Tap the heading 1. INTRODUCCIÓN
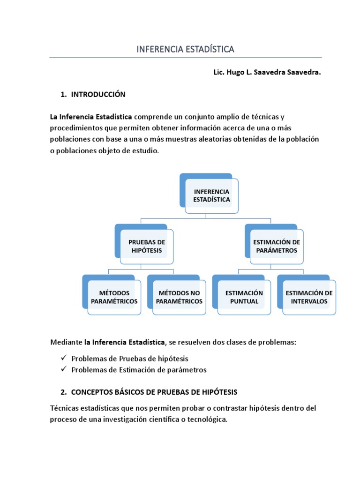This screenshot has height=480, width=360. (x=93, y=94)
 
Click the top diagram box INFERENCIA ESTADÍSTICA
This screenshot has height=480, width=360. (x=211, y=195)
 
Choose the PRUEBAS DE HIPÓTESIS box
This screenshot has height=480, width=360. (x=147, y=246)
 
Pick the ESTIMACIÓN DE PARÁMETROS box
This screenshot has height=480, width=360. (x=277, y=246)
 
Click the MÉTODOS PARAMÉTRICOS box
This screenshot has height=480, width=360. (x=114, y=297)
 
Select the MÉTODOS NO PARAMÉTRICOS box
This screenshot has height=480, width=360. (x=179, y=297)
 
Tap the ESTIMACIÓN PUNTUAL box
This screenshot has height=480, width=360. (x=244, y=297)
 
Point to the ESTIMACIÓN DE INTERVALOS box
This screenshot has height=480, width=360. (x=309, y=297)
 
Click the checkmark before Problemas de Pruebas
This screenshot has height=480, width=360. (x=64, y=358)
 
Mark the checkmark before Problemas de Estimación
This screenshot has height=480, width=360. (x=64, y=369)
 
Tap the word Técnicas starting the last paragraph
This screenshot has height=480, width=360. (x=65, y=408)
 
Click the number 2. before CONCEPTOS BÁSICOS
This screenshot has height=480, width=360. (x=64, y=392)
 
